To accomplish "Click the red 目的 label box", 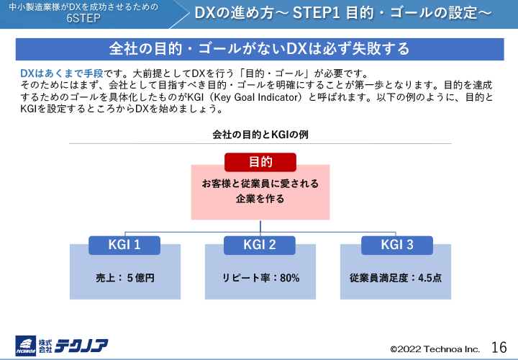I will tap(260, 162).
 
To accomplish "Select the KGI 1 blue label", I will tap(124, 245).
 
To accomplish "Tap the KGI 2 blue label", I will tap(260, 245).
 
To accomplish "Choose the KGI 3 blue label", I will tap(396, 245).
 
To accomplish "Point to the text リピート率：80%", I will tap(260, 277).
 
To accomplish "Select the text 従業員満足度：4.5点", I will tap(395, 277).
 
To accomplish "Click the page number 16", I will tap(499, 346).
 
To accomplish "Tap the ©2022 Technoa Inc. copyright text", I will tap(435, 348).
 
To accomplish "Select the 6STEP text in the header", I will tap(89, 18).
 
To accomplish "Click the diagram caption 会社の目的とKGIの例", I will tap(260, 135).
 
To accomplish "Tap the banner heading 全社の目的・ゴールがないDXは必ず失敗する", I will tap(260, 49).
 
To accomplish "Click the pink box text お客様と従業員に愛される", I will tap(260, 184).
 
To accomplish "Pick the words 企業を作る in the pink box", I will tap(260, 199).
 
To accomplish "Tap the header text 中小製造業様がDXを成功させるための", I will tap(88, 6).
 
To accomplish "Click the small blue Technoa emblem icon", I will tap(27, 346).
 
